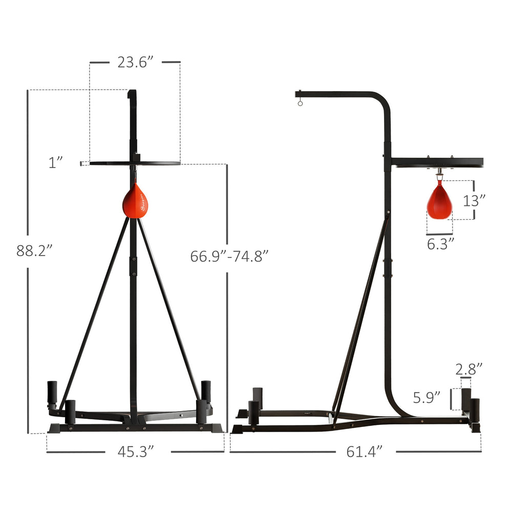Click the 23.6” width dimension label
[x=135, y=62]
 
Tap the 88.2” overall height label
[x=34, y=251]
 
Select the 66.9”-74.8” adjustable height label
[x=229, y=257]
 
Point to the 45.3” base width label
[x=136, y=452]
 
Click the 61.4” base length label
[x=364, y=452]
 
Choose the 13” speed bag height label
[x=474, y=201]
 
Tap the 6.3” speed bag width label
[x=440, y=244]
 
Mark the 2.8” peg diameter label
[x=469, y=369]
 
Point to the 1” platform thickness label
[x=55, y=163]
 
